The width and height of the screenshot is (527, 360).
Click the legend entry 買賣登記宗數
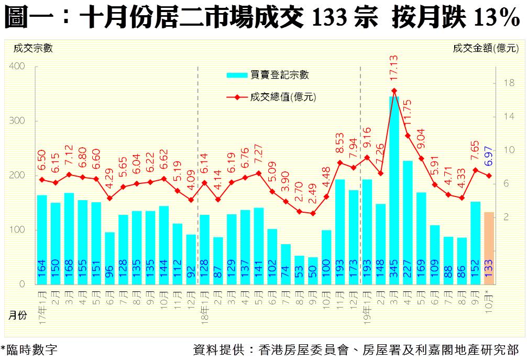(x=268, y=75)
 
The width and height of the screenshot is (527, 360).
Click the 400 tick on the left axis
(x=17, y=67)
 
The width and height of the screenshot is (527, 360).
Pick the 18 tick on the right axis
(x=508, y=83)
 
